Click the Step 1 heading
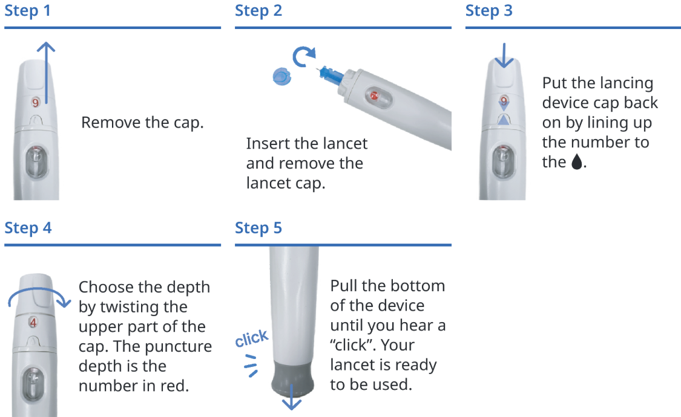click(x=28, y=11)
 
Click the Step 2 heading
click(x=258, y=11)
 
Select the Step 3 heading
click(x=489, y=11)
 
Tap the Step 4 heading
click(x=28, y=228)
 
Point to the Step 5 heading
click(x=258, y=228)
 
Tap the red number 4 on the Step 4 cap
click(x=33, y=323)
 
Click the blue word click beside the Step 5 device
click(x=252, y=339)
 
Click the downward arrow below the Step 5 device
click(x=293, y=399)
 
